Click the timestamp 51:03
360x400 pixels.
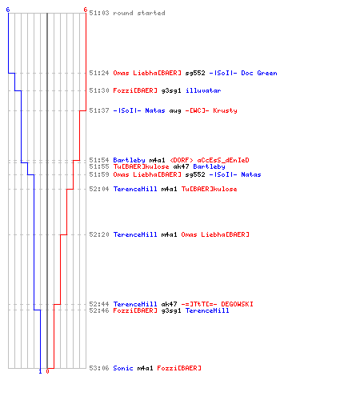tap(99, 13)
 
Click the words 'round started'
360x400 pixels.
tap(139, 13)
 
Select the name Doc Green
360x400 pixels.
tap(259, 73)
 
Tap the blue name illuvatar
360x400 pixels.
tap(203, 90)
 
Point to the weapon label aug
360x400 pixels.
tap(175, 111)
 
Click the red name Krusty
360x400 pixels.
tap(225, 110)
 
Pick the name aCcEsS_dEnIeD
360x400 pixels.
tap(223, 160)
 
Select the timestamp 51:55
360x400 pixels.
tap(99, 166)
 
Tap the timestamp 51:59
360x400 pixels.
tap(99, 174)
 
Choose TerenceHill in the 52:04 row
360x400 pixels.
tap(135, 189)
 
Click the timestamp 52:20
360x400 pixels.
tap(99, 234)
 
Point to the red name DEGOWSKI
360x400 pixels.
tap(237, 304)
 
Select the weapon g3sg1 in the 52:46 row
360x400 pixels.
tap(171, 310)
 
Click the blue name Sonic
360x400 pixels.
tap(123, 368)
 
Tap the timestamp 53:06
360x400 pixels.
tap(99, 368)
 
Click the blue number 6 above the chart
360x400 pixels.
tap(8, 10)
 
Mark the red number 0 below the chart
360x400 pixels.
tap(47, 371)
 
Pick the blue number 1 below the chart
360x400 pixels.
tap(40, 371)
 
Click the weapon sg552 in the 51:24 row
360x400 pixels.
tap(195, 74)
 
